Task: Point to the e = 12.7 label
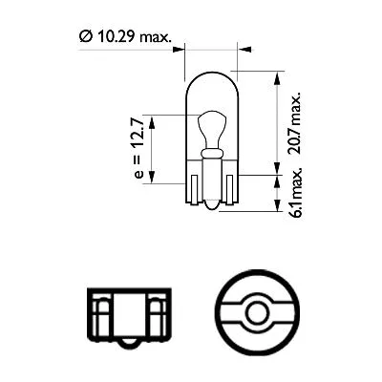pos(142,147)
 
